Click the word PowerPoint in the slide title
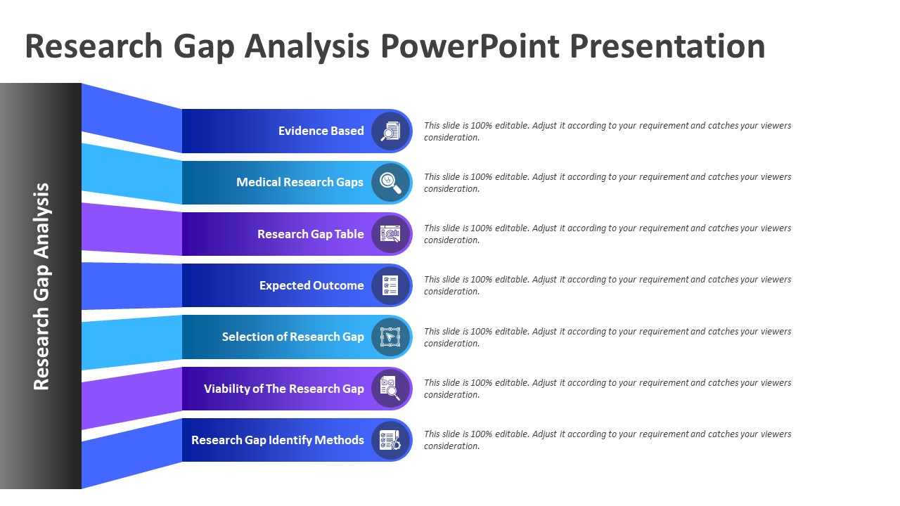click(470, 46)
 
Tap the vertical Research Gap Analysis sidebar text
click(41, 286)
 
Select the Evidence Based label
click(321, 131)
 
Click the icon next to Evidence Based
click(390, 131)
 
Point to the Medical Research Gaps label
click(300, 182)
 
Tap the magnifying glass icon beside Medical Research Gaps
click(390, 183)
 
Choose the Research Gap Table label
click(311, 234)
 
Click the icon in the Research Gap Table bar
click(390, 234)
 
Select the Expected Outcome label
click(311, 285)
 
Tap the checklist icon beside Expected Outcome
click(390, 285)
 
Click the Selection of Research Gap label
click(293, 337)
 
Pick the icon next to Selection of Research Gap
click(390, 337)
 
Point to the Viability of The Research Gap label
click(283, 389)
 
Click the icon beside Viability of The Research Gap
click(390, 389)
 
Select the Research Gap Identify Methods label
click(278, 440)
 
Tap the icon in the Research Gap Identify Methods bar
click(390, 440)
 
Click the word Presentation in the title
click(667, 46)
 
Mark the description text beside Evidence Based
click(607, 131)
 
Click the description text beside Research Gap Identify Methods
click(607, 440)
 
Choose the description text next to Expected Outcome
click(607, 285)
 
